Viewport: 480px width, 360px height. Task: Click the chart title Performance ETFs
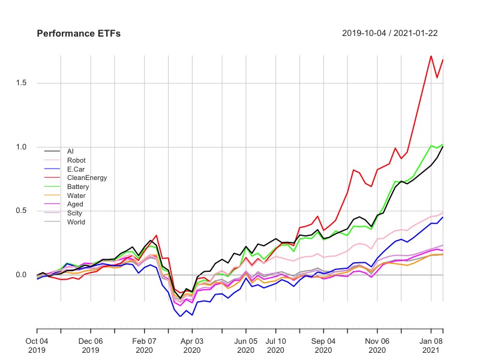click(79, 34)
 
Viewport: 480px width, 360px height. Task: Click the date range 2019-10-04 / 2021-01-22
click(389, 34)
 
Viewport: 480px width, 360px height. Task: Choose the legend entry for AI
click(70, 151)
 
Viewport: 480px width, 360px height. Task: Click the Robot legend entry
click(76, 160)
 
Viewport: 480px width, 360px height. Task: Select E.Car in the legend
click(76, 169)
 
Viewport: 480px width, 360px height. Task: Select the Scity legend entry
click(75, 213)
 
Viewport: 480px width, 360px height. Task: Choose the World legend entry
click(76, 222)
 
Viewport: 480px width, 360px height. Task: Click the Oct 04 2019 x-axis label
click(37, 344)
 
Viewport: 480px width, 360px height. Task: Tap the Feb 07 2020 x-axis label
click(144, 344)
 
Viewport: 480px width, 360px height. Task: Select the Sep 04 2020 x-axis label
click(323, 344)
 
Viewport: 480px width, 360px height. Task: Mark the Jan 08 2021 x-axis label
click(431, 344)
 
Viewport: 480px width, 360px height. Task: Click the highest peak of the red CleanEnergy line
click(431, 56)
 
